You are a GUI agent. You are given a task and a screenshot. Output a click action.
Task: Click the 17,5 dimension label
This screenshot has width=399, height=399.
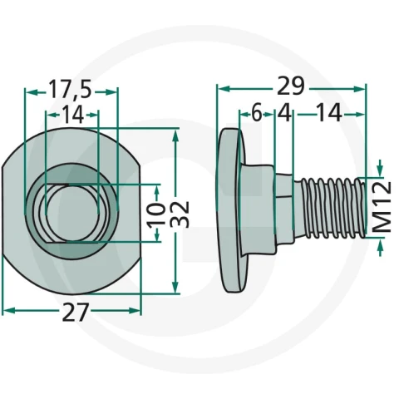(70, 90)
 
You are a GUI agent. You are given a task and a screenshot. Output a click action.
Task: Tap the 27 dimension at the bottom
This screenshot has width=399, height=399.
(75, 312)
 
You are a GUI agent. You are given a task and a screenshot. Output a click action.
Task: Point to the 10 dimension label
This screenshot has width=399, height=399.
(156, 215)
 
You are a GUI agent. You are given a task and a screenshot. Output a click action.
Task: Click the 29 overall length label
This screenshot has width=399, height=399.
(290, 86)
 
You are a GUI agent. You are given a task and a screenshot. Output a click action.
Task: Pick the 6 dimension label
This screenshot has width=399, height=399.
(257, 114)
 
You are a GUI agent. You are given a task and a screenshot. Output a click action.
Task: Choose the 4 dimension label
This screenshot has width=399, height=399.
(284, 113)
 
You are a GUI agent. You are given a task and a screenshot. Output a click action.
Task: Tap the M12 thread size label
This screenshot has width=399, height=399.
(382, 207)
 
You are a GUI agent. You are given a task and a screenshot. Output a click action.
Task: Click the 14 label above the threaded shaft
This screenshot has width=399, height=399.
(328, 113)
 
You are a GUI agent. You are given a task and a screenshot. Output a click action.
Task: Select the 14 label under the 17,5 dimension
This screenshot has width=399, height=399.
(72, 115)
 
